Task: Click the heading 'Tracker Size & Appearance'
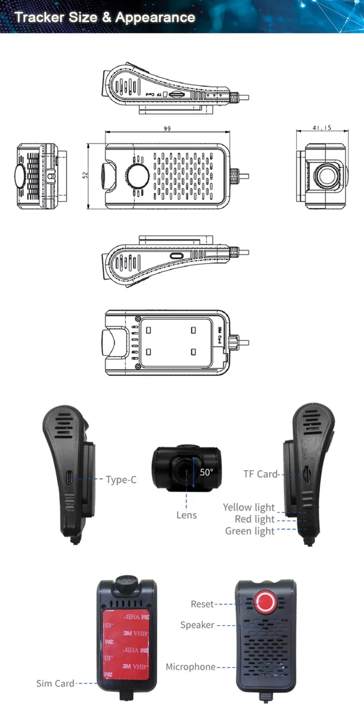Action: coord(105,18)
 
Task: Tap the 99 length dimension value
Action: coord(167,129)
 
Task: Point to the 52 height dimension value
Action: coord(85,175)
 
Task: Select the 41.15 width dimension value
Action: coord(322,128)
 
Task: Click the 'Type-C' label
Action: coord(121,480)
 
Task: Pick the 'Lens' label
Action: coord(186,515)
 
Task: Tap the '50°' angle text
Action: coord(206,472)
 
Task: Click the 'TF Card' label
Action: coord(260,474)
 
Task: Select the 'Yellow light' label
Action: coord(249,507)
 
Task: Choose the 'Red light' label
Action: coord(255,519)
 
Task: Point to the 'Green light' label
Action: coord(250,531)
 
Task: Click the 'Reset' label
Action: coord(202,604)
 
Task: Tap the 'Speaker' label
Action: coord(197,625)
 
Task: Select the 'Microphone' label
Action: coord(190,667)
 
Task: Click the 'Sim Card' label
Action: coord(55,683)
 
